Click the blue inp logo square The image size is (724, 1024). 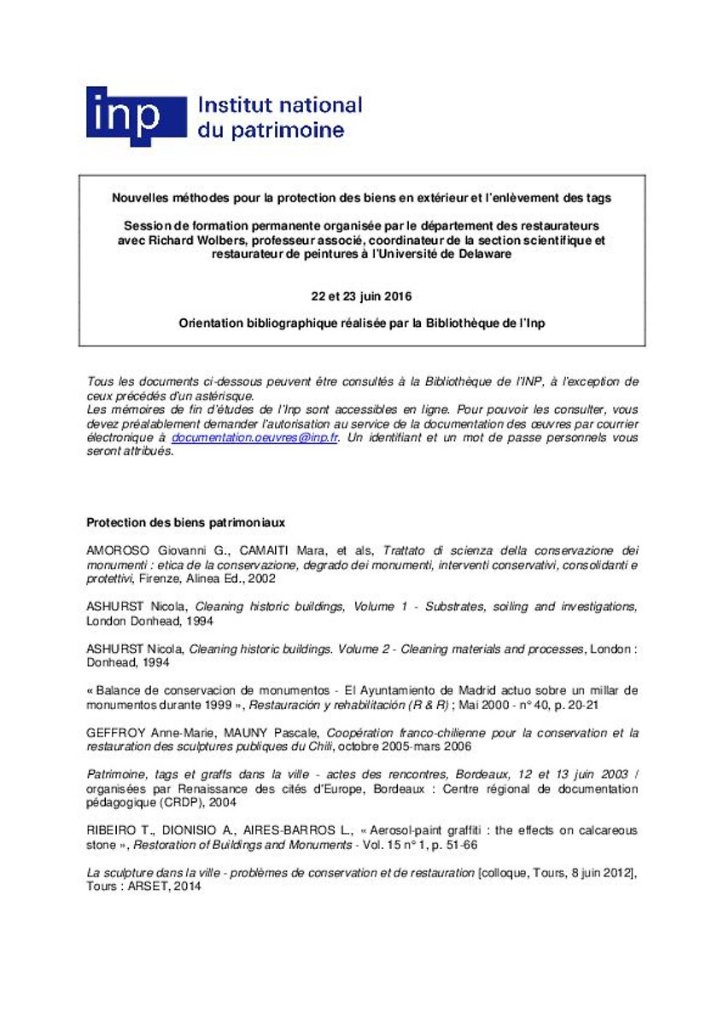tap(136, 116)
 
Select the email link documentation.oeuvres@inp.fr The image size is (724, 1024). tap(255, 437)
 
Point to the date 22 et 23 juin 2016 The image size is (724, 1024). tap(361, 297)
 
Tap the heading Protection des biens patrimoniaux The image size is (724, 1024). tap(186, 522)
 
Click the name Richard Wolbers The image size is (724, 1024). tap(196, 241)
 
